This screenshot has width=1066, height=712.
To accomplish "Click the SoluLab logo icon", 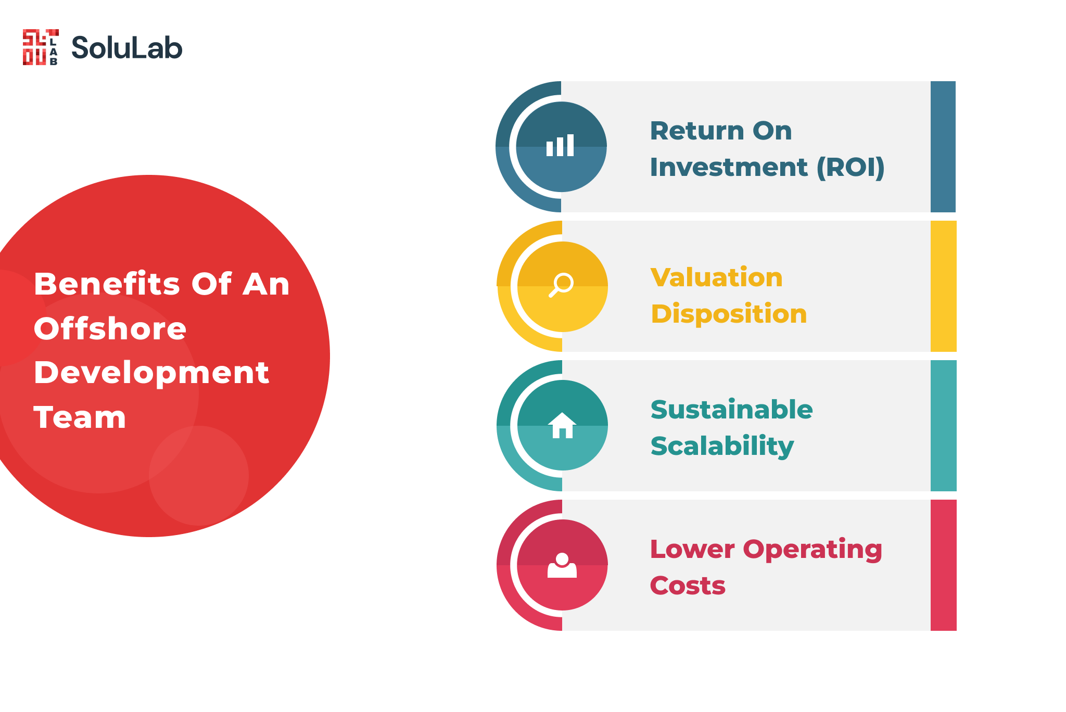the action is point(41,47).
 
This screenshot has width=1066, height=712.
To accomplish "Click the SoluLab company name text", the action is point(127,48).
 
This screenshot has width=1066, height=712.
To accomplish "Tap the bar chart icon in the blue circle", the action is point(560,145).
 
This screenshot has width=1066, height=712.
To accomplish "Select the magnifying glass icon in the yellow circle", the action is point(561,285).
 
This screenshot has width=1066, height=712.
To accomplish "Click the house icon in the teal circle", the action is point(562,425).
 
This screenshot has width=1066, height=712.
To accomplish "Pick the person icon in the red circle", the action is point(562,565).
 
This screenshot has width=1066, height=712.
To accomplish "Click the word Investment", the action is point(729,168).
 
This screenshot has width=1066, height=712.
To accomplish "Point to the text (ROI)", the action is point(851,168).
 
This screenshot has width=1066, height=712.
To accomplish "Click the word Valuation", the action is point(717,277).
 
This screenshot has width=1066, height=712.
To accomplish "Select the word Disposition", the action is point(729,314).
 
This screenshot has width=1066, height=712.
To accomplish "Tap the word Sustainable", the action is point(732,410).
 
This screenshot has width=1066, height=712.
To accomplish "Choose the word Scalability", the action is point(722,447).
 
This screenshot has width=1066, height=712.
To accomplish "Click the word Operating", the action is point(813,550).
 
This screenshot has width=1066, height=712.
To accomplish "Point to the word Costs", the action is point(688,586).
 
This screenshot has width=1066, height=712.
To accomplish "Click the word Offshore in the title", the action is point(110,329).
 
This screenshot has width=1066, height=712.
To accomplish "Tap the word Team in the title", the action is point(80,417).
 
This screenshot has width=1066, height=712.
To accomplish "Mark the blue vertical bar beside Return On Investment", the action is point(943,147).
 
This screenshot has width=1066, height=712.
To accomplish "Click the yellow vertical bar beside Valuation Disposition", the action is point(943,286).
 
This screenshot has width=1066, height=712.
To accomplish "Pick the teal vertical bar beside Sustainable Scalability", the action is point(943,426).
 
